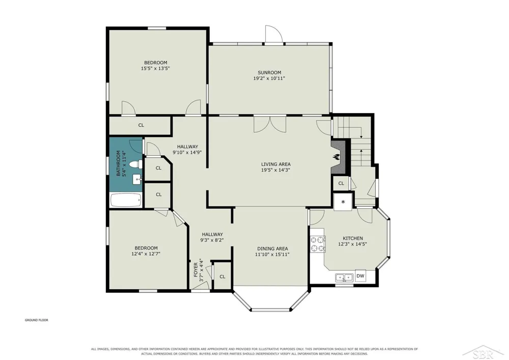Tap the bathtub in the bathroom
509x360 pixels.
pyautogui.click(x=126, y=200)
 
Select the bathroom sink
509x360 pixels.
pyautogui.click(x=137, y=179)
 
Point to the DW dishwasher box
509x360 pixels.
pyautogui.click(x=360, y=276)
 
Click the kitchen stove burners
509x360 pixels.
pyautogui.click(x=318, y=244)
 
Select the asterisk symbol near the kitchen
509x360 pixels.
pyautogui.click(x=343, y=202)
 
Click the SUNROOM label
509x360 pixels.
pyautogui.click(x=269, y=72)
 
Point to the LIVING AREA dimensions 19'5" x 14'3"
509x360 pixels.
pyautogui.click(x=275, y=170)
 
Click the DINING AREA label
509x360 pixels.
pyautogui.click(x=273, y=248)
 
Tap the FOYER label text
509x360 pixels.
pyautogui.click(x=196, y=269)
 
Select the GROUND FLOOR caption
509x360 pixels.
pyautogui.click(x=37, y=320)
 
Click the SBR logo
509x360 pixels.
pyautogui.click(x=484, y=353)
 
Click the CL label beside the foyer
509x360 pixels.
pyautogui.click(x=222, y=276)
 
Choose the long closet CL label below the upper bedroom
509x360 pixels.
pyautogui.click(x=141, y=125)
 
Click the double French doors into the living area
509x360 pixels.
pyautogui.click(x=270, y=124)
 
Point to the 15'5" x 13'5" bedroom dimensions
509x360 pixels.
pyautogui.click(x=155, y=69)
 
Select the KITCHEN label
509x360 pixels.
pyautogui.click(x=353, y=238)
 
